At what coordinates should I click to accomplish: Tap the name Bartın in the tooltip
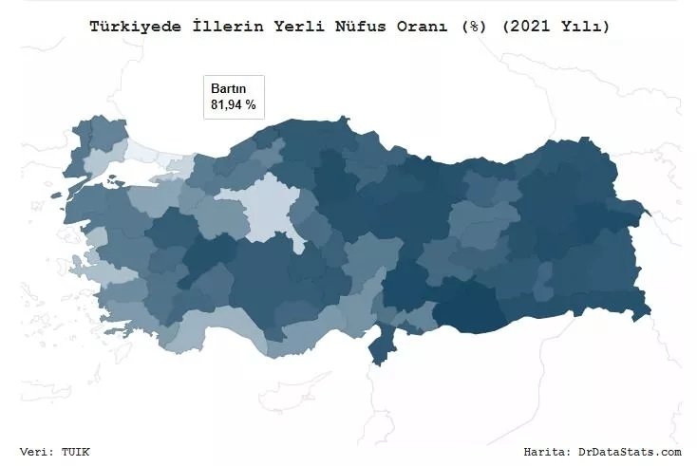pos(228,88)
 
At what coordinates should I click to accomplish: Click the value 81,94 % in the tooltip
pos(234,104)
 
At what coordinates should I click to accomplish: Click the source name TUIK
pos(77,452)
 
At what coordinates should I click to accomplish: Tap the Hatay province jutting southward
pos(382,346)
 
